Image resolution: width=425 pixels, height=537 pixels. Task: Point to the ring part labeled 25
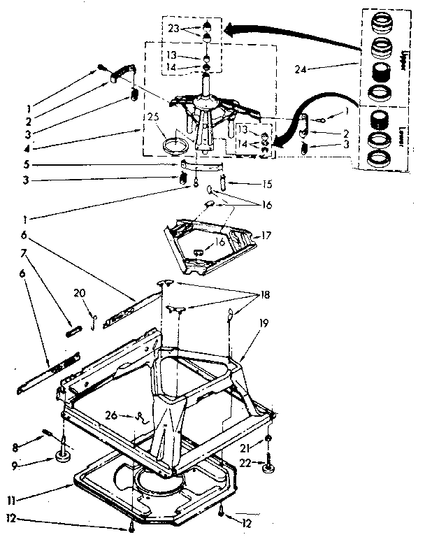[173, 145]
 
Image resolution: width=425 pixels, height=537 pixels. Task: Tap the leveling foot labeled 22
[269, 467]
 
